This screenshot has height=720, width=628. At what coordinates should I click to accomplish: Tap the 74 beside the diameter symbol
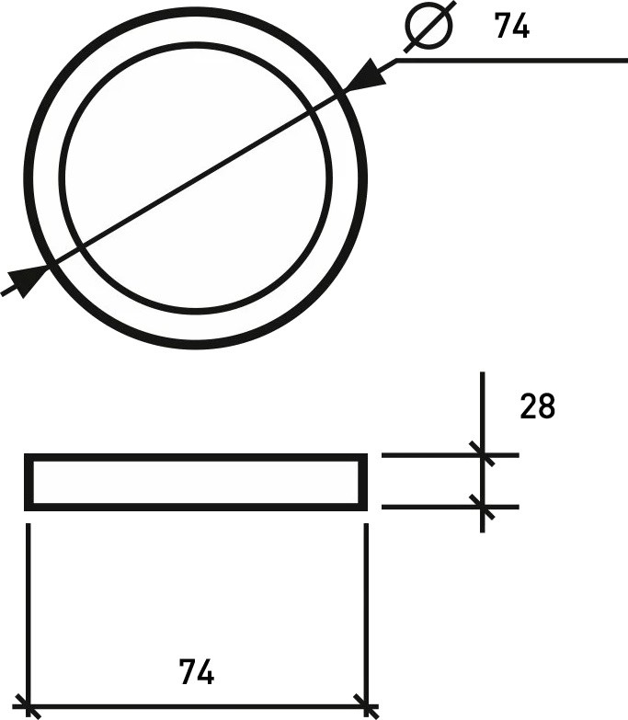click(x=512, y=27)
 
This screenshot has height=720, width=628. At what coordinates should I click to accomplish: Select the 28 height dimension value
click(x=538, y=406)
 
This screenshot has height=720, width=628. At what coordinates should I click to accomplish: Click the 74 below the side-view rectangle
click(x=197, y=673)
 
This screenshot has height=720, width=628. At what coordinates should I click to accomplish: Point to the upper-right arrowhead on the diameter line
click(x=371, y=74)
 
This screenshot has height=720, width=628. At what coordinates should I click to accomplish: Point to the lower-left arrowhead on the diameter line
click(x=29, y=278)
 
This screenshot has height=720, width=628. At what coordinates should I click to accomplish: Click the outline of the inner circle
click(x=196, y=44)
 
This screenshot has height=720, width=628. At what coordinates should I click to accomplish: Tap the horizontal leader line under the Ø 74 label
click(x=515, y=61)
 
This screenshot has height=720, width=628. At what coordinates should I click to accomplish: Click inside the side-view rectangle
click(x=196, y=482)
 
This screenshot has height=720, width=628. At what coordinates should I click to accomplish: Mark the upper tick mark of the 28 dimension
click(x=482, y=454)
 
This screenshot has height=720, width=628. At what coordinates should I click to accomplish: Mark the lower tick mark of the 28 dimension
click(x=482, y=507)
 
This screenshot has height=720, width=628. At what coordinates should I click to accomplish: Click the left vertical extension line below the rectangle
click(x=29, y=607)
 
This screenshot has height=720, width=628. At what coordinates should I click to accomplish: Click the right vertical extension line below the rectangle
click(x=366, y=607)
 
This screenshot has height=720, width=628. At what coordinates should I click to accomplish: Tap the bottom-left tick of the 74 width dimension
click(x=29, y=709)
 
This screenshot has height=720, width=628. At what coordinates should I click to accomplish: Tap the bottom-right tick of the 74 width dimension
click(x=366, y=709)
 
